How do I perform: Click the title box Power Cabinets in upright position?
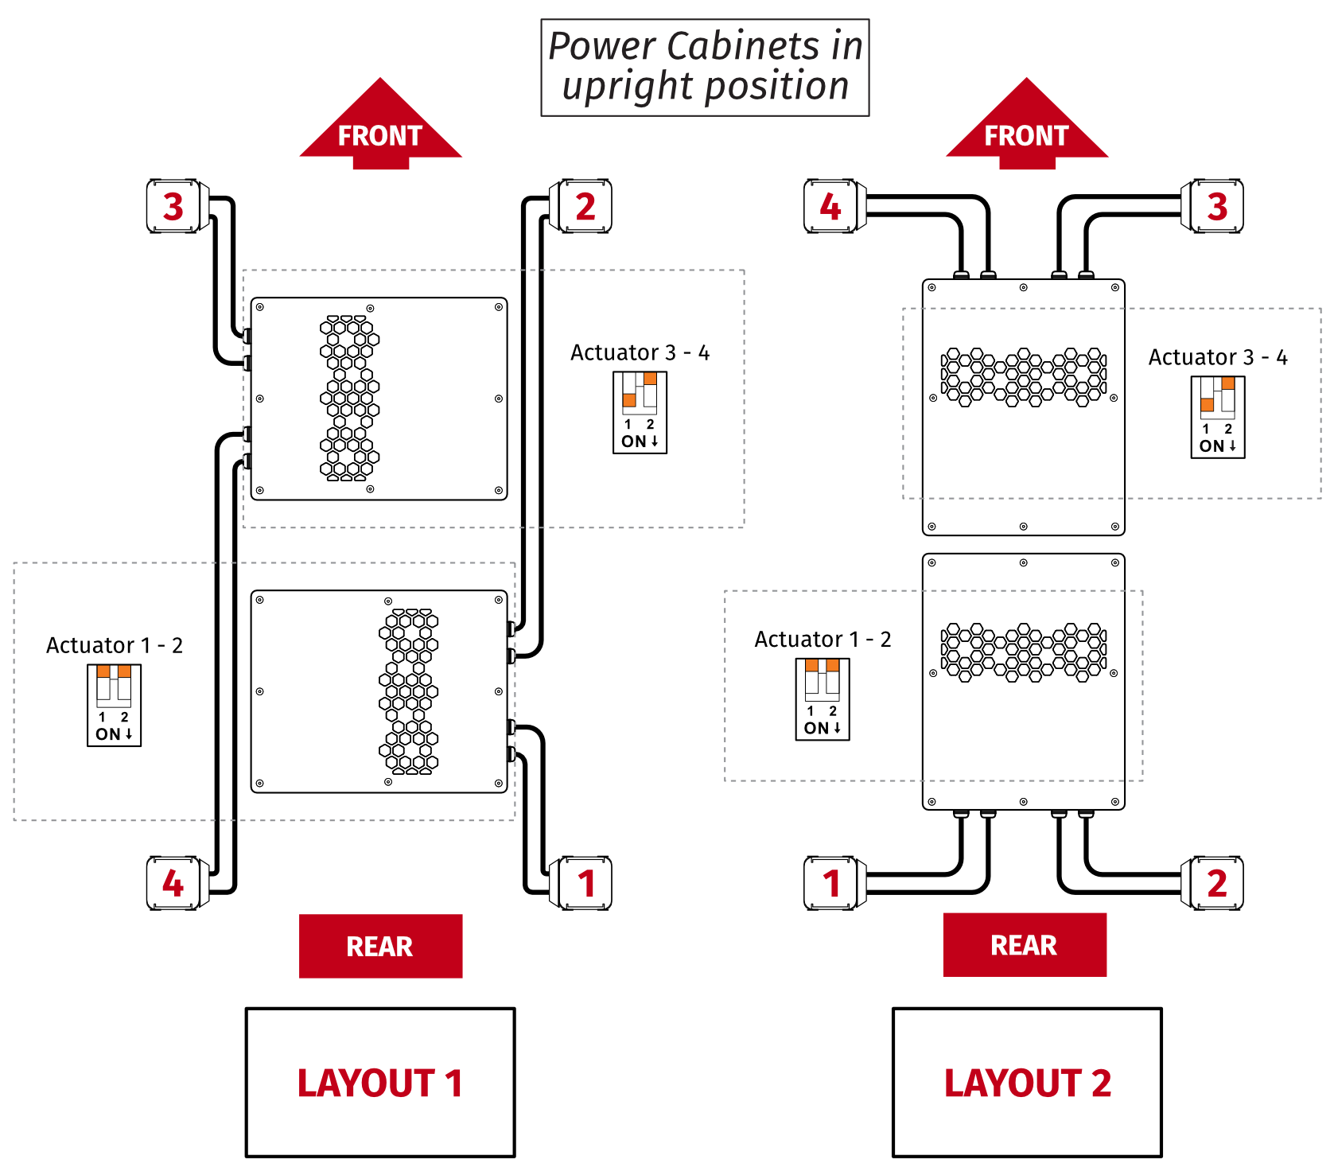(x=705, y=68)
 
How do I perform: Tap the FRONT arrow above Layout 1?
(x=380, y=127)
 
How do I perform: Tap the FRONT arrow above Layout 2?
(x=1026, y=127)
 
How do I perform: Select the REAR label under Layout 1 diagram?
(x=380, y=946)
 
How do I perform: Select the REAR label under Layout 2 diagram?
(x=1025, y=944)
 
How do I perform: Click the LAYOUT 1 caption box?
(x=380, y=1082)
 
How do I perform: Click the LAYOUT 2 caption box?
(x=1027, y=1082)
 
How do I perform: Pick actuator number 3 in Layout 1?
(x=173, y=206)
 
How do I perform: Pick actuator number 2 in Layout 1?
(x=585, y=206)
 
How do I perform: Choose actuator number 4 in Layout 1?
(x=173, y=883)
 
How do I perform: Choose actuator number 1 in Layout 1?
(x=585, y=883)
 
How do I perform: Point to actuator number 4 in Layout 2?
(x=830, y=206)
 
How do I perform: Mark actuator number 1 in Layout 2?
(x=830, y=883)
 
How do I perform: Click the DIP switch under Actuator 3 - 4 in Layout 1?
(x=640, y=412)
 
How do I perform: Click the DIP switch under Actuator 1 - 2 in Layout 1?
(x=114, y=705)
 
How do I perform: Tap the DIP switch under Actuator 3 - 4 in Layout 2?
(x=1218, y=417)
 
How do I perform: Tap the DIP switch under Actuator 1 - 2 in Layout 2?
(x=823, y=699)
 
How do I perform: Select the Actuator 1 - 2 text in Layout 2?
(x=823, y=640)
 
